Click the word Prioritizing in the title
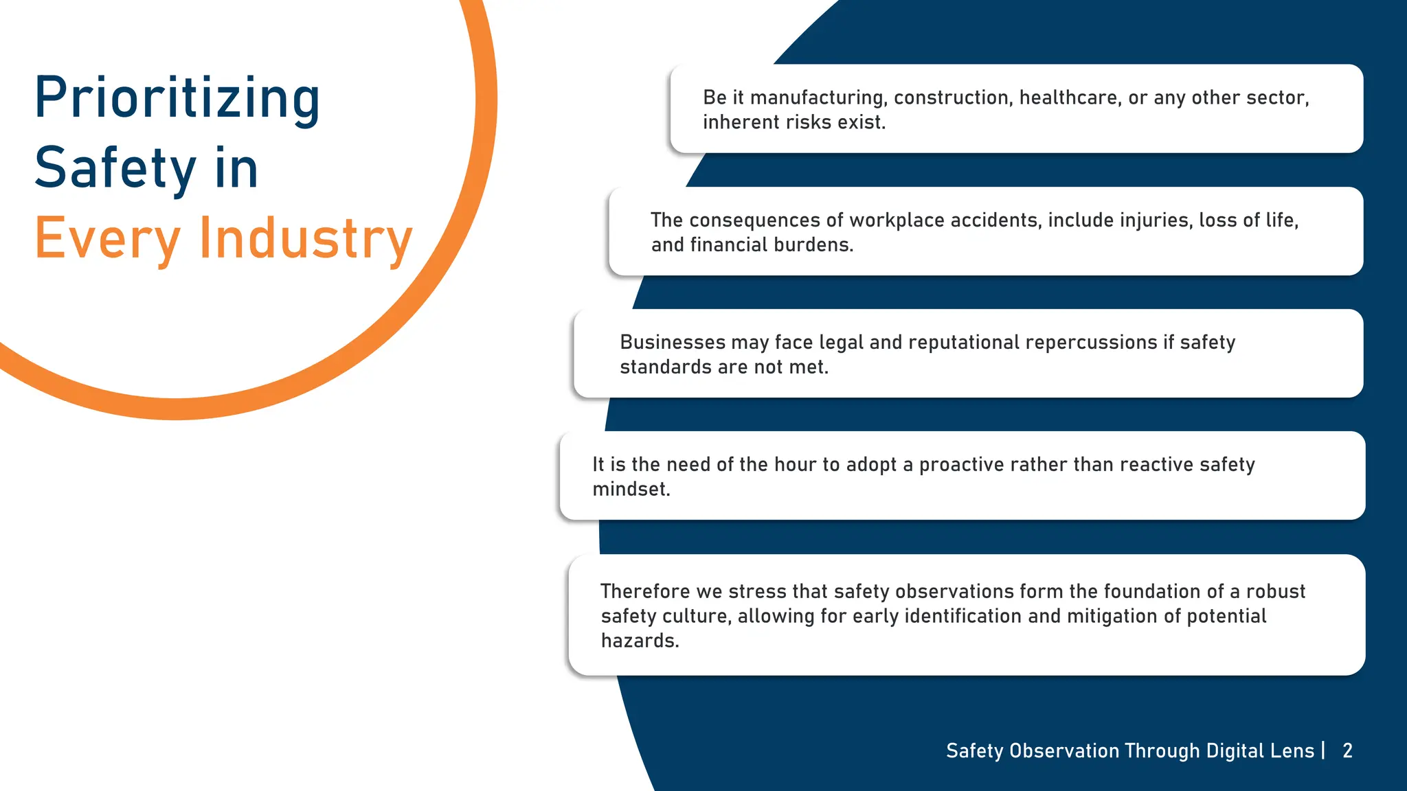click(x=177, y=98)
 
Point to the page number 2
click(x=1347, y=750)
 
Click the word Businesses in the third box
click(x=673, y=342)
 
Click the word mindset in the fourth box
click(x=631, y=489)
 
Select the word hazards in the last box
click(x=640, y=641)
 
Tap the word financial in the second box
click(x=729, y=244)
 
